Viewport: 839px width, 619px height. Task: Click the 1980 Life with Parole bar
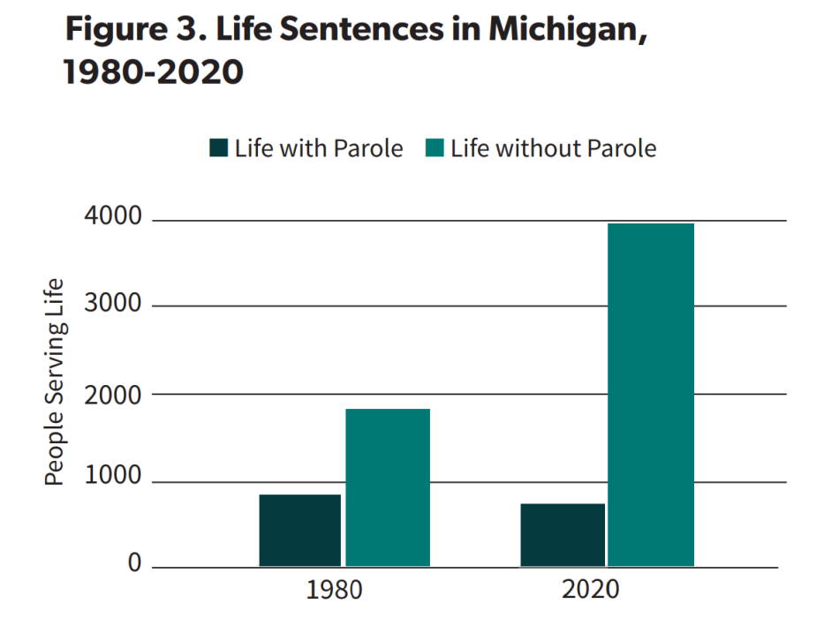pyautogui.click(x=299, y=530)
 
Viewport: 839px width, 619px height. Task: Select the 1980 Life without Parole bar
pyautogui.click(x=387, y=487)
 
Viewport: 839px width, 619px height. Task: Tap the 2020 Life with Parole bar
pyautogui.click(x=563, y=534)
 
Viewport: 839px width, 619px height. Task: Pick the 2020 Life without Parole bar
pyautogui.click(x=651, y=395)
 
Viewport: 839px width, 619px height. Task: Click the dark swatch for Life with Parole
pyautogui.click(x=218, y=148)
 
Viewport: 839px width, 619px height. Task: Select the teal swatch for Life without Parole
pyautogui.click(x=435, y=148)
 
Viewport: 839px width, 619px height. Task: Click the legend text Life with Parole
pyautogui.click(x=318, y=148)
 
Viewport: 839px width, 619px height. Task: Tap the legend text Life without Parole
pyautogui.click(x=553, y=148)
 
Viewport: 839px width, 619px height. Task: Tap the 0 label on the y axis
pyautogui.click(x=134, y=563)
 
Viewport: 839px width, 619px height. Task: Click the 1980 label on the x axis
pyautogui.click(x=334, y=590)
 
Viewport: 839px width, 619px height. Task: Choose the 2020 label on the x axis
pyautogui.click(x=591, y=590)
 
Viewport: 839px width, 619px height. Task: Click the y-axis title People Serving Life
pyautogui.click(x=55, y=381)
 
